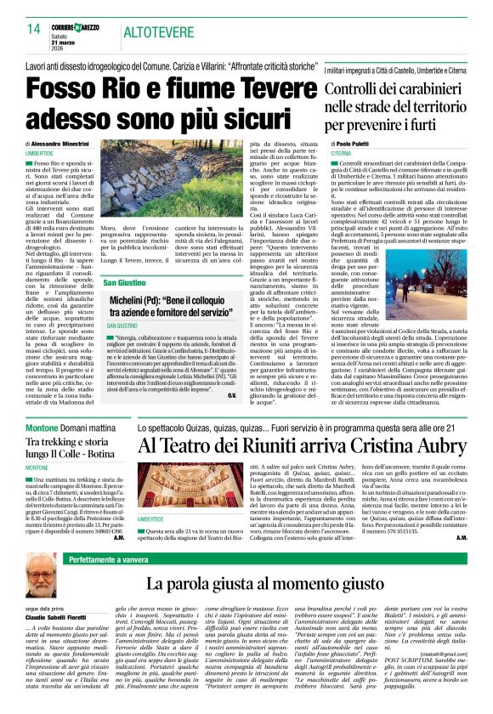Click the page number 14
pos(34,30)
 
